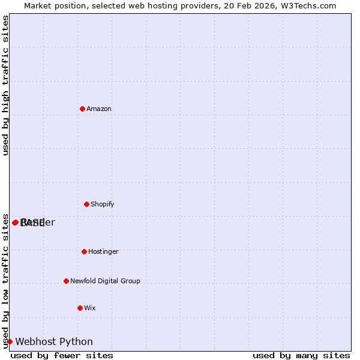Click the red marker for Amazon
82,109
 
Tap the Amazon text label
99,109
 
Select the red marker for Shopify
86,204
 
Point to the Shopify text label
103,204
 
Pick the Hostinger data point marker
84,251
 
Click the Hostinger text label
103,251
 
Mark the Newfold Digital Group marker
66,281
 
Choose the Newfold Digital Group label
105,281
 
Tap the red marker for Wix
80,308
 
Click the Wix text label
90,308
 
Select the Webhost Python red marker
10,341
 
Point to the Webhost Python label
54,341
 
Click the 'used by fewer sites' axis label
62,355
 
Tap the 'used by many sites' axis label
301,355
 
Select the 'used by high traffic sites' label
5,85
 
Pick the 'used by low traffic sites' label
5,280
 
